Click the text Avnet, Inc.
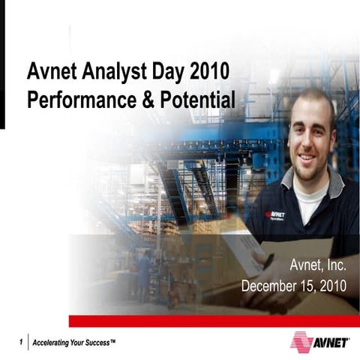[x=320, y=265]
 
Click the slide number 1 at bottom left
[x=20, y=343]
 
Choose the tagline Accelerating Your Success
[x=73, y=343]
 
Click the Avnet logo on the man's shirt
[x=275, y=215]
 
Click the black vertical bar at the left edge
[x=2, y=64]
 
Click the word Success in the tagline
[x=100, y=343]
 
